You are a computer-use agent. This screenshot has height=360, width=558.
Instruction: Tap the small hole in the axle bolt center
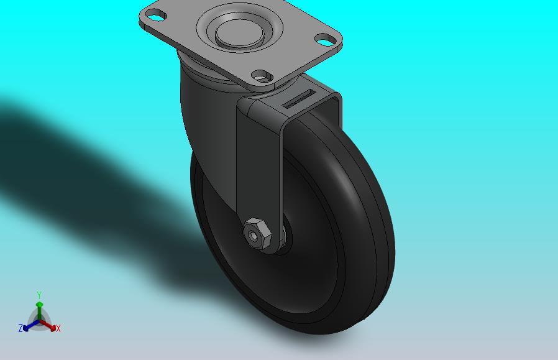(254, 235)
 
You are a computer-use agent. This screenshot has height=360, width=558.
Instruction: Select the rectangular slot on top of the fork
(298, 98)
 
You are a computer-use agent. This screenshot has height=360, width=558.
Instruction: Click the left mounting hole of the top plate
(156, 16)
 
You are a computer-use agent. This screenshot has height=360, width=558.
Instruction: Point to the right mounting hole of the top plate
(326, 40)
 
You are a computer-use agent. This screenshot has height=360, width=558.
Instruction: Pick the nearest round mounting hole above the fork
(262, 76)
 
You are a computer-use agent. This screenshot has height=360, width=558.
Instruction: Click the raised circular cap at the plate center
(239, 33)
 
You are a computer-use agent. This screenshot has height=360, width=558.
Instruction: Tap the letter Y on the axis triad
(39, 295)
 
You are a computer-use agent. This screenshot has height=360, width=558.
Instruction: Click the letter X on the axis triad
(58, 328)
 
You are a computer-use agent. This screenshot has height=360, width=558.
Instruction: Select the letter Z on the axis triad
(21, 328)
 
